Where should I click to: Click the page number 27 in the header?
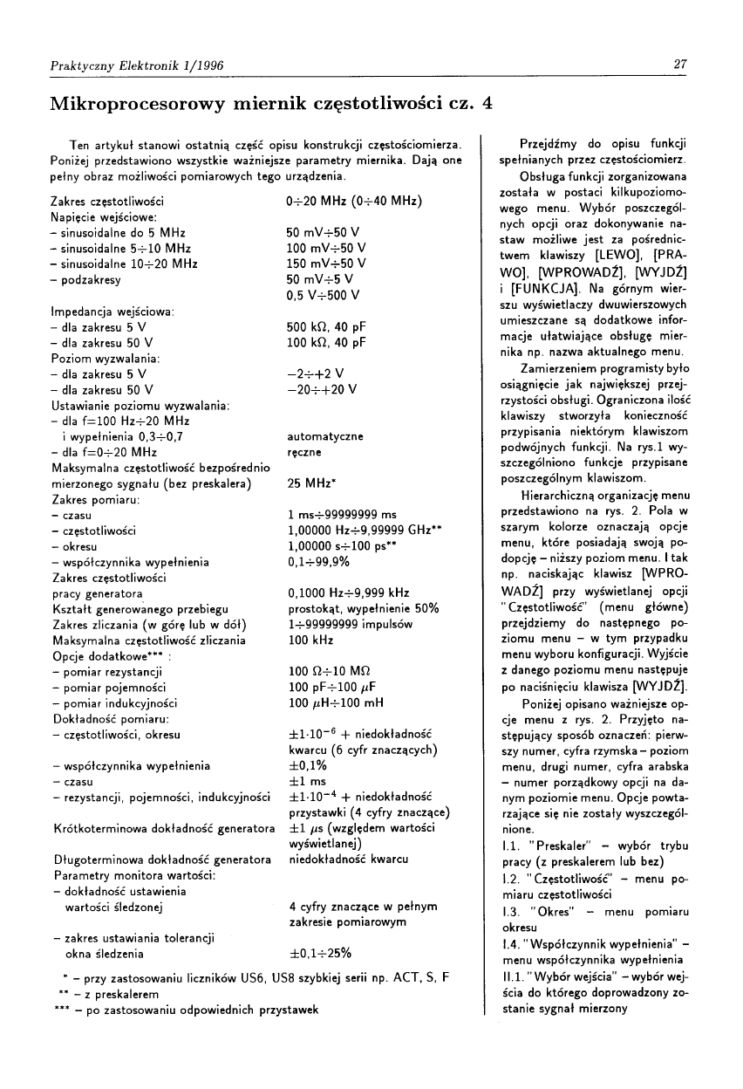(682, 63)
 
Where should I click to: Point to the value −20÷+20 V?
(322, 389)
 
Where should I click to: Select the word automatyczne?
(325, 436)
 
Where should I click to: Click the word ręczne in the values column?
(304, 452)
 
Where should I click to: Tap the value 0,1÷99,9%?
(317, 562)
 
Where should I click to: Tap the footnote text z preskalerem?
(118, 993)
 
